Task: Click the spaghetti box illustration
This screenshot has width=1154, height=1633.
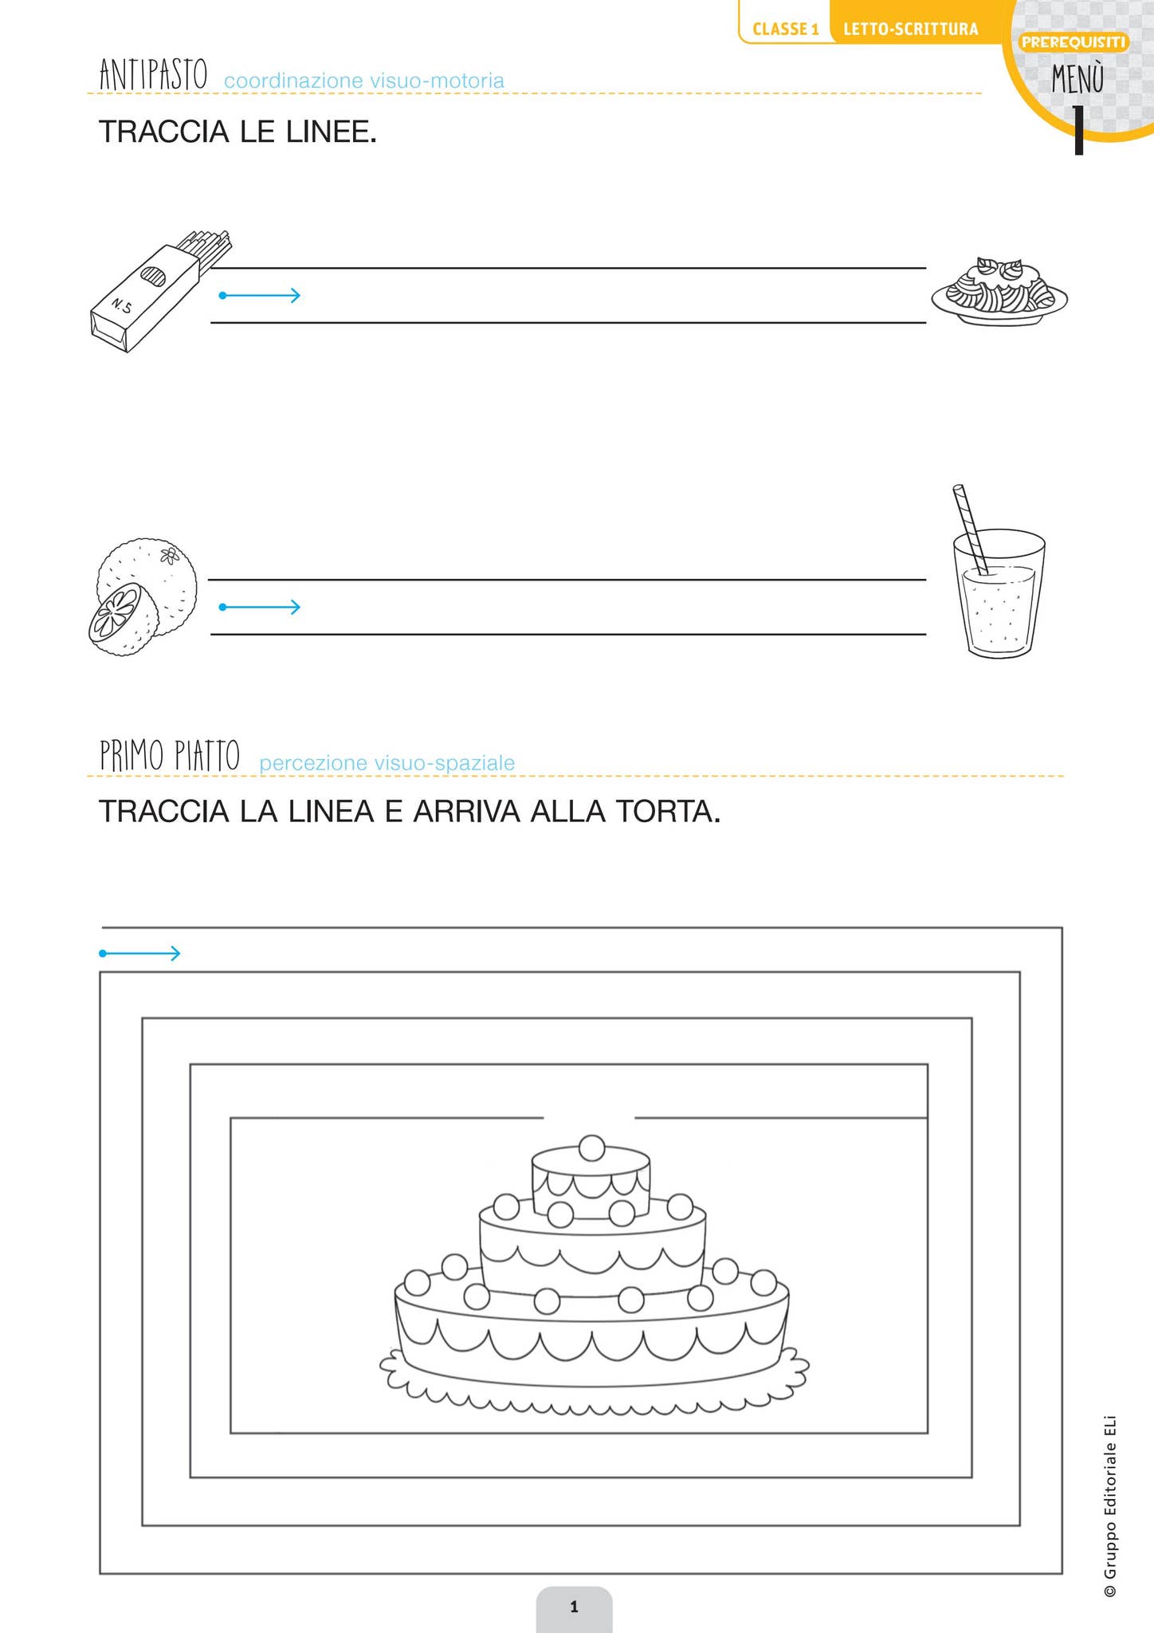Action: (x=159, y=292)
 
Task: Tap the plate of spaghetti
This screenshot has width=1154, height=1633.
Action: (x=999, y=291)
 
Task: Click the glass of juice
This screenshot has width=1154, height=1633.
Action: (x=999, y=592)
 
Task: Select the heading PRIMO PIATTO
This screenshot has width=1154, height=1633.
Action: (x=170, y=755)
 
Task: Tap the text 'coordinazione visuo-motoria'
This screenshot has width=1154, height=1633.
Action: (x=364, y=81)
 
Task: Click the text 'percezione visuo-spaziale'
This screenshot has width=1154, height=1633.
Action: (x=387, y=763)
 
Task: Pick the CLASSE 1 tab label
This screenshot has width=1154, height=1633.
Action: (x=786, y=30)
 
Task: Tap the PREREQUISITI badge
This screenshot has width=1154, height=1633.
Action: (x=1074, y=42)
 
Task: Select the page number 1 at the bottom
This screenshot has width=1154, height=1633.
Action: (x=574, y=1607)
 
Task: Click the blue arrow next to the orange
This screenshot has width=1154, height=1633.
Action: (x=260, y=608)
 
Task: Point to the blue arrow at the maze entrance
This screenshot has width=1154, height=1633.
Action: (x=140, y=953)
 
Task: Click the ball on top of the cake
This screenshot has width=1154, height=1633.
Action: (x=591, y=1148)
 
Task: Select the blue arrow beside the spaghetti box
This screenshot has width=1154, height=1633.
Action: (x=260, y=296)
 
